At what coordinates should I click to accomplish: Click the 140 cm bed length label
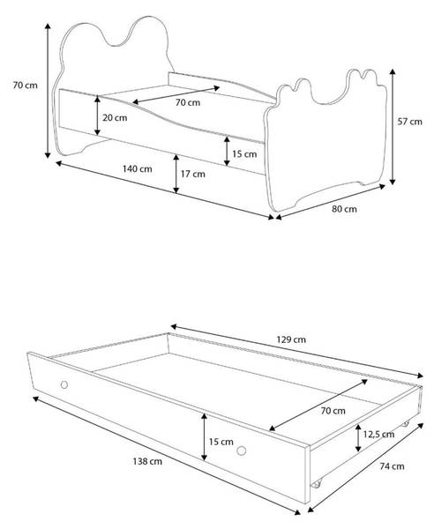pyautogui.click(x=137, y=168)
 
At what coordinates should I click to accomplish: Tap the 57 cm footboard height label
pyautogui.click(x=409, y=122)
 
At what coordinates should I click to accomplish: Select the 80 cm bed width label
pyautogui.click(x=344, y=209)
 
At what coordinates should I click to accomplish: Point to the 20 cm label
pyautogui.click(x=115, y=118)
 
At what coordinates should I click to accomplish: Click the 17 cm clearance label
pyautogui.click(x=193, y=174)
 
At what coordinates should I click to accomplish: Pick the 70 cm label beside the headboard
pyautogui.click(x=26, y=85)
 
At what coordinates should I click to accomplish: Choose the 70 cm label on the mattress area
pyautogui.click(x=188, y=102)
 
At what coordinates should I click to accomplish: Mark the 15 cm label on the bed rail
pyautogui.click(x=244, y=153)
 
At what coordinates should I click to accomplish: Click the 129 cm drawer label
pyautogui.click(x=291, y=339)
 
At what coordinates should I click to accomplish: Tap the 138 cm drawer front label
pyautogui.click(x=147, y=461)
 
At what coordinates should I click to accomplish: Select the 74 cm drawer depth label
pyautogui.click(x=393, y=466)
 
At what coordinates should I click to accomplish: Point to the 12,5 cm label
pyautogui.click(x=379, y=434)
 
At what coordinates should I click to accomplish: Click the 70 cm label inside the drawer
pyautogui.click(x=333, y=411)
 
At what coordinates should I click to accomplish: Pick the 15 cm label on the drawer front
pyautogui.click(x=221, y=442)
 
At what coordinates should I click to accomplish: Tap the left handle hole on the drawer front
pyautogui.click(x=64, y=384)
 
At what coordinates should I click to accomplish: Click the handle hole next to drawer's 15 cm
pyautogui.click(x=242, y=451)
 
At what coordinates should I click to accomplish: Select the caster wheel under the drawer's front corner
pyautogui.click(x=316, y=484)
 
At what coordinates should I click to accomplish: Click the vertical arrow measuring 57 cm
pyautogui.click(x=393, y=126)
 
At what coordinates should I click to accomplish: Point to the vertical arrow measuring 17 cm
pyautogui.click(x=176, y=174)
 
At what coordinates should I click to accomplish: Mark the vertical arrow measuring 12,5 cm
pyautogui.click(x=358, y=438)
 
